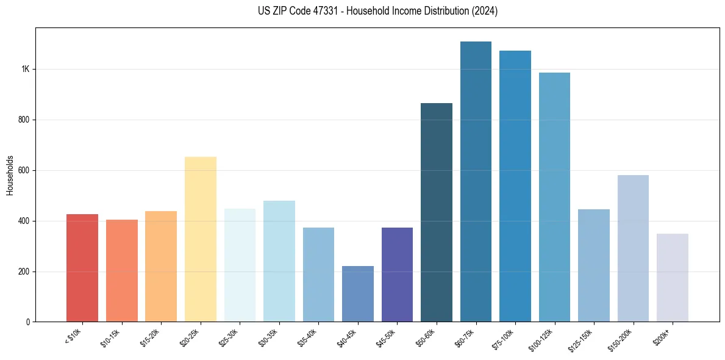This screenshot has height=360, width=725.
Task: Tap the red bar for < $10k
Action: tap(82, 268)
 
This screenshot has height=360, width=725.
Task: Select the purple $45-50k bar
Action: tap(397, 275)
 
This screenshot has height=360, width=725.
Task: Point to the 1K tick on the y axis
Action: tap(26, 70)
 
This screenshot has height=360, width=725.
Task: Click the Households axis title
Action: tap(10, 175)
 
